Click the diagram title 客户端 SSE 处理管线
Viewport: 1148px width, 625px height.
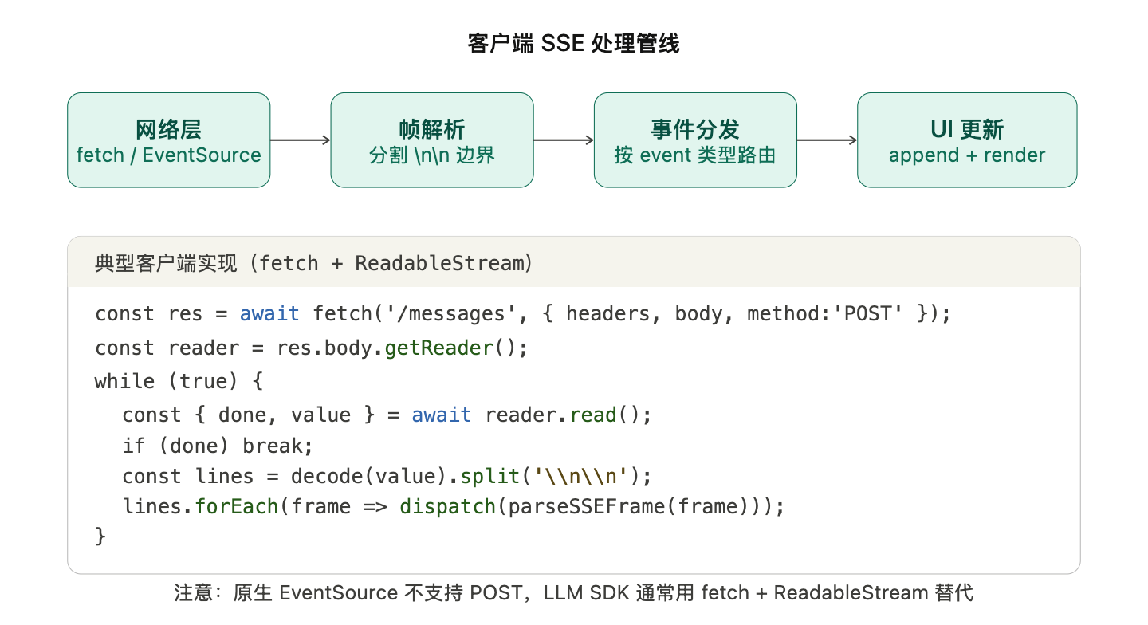pyautogui.click(x=573, y=43)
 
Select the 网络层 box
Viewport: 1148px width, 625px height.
pyautogui.click(x=168, y=140)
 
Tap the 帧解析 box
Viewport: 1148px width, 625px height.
pyautogui.click(x=431, y=140)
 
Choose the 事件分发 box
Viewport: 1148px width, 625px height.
pyautogui.click(x=694, y=140)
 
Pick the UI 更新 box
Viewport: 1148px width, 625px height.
pyautogui.click(x=966, y=140)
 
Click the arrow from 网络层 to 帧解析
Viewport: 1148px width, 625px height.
pyautogui.click(x=301, y=140)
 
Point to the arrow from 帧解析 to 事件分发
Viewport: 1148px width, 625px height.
pyautogui.click(x=564, y=140)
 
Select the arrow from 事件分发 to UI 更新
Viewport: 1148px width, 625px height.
pyautogui.click(x=827, y=140)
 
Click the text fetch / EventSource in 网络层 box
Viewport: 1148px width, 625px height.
pyautogui.click(x=168, y=155)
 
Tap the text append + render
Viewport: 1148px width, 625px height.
pyautogui.click(x=966, y=155)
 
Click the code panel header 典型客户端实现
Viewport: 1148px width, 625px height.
pyautogui.click(x=313, y=263)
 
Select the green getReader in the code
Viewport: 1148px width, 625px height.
pyautogui.click(x=439, y=348)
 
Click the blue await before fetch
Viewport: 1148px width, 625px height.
pyautogui.click(x=269, y=313)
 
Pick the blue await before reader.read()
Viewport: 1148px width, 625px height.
pyautogui.click(x=441, y=415)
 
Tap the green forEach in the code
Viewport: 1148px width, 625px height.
pyautogui.click(x=237, y=506)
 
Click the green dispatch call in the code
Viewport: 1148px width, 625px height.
pyautogui.click(x=447, y=506)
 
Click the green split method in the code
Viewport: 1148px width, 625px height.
pyautogui.click(x=489, y=477)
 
